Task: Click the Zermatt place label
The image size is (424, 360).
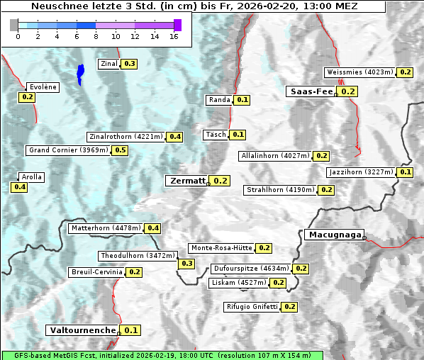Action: pos(186,181)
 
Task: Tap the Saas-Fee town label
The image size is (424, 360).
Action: pos(311,91)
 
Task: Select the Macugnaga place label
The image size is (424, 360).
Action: pos(333,235)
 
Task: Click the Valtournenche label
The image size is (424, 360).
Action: pos(82,330)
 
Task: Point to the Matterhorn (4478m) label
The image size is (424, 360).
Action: pos(106,228)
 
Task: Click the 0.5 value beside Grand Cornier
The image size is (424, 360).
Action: pos(121,150)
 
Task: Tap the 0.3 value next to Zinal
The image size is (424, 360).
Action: pos(129,64)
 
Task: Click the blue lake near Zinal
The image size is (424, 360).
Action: pos(81,73)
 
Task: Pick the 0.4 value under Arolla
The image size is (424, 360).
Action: pos(19,187)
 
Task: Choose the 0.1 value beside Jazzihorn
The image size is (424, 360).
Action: pos(406,172)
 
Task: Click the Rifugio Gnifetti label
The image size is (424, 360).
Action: pos(252,307)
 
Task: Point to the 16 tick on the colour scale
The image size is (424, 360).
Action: pos(174,35)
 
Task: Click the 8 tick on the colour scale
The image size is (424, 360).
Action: pos(96,35)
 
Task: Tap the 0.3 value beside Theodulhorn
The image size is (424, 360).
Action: pos(186,264)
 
